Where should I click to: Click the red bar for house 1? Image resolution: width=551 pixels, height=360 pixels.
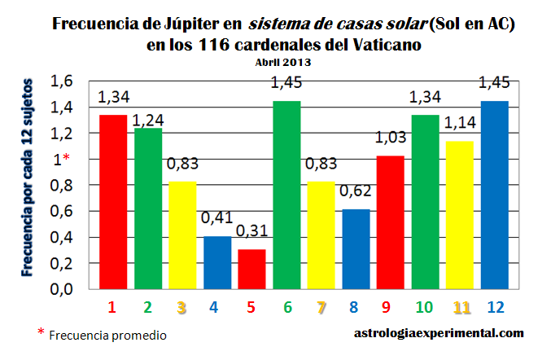tap(112, 202)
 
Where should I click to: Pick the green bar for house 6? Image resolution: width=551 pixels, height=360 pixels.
tap(286, 195)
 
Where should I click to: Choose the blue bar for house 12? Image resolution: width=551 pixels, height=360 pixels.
tap(495, 195)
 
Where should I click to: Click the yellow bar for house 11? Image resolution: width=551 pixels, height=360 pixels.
tap(460, 215)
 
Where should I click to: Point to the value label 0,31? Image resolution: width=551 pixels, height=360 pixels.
tap(251, 233)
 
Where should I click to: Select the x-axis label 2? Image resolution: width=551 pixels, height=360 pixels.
tap(147, 308)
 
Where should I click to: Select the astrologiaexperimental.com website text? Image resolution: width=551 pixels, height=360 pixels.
tap(439, 332)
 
